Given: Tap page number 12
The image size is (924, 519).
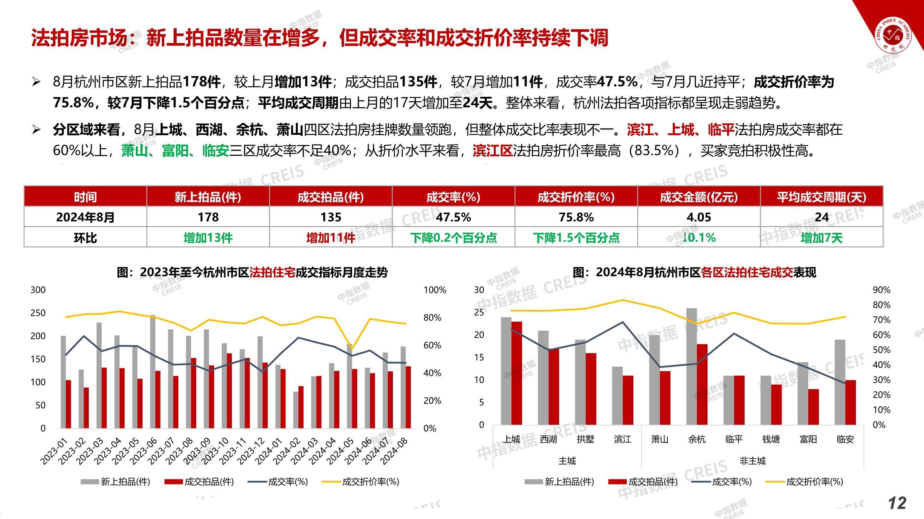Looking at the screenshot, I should [x=897, y=503].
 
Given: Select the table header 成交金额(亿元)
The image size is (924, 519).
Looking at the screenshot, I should [x=699, y=197].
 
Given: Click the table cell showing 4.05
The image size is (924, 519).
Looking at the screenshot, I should [x=699, y=217].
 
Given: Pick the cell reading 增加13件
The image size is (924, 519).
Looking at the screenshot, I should [x=208, y=238].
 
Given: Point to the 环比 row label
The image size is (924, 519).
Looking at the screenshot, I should [x=85, y=238].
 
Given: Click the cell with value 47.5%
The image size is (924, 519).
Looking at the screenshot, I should [x=453, y=217].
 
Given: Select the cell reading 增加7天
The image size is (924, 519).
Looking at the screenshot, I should [x=822, y=238].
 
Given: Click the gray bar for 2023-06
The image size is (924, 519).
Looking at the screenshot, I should [x=153, y=371].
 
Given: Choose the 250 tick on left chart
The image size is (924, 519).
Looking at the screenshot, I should [x=38, y=313].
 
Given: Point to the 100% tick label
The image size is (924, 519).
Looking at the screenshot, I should [x=435, y=290].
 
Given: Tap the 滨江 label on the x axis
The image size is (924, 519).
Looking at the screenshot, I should [x=623, y=439].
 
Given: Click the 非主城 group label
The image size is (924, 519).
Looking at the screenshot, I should [x=752, y=461].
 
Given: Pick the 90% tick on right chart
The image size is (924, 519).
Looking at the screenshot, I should [x=881, y=290].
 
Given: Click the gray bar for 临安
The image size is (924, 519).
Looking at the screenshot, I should [x=840, y=382].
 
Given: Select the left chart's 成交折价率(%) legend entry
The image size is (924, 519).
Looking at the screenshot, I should [x=360, y=482].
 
